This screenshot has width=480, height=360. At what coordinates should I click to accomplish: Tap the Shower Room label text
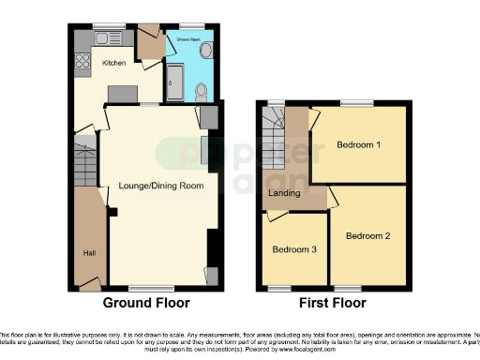pos(181,38)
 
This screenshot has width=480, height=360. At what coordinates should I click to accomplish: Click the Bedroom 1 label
pos(358,145)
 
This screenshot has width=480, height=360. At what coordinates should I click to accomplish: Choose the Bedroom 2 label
pos(367,235)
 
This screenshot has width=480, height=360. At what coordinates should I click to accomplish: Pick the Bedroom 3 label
pos(294,250)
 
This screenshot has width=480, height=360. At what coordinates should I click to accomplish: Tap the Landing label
pos(285,194)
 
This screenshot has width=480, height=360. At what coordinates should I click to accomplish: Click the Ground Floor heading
pos(145,303)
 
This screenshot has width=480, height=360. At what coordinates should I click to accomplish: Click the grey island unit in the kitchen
pos(122,93)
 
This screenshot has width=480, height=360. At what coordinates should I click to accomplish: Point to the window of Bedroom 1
pos(356,103)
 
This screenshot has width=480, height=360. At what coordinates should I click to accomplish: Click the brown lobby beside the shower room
pos(148,43)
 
